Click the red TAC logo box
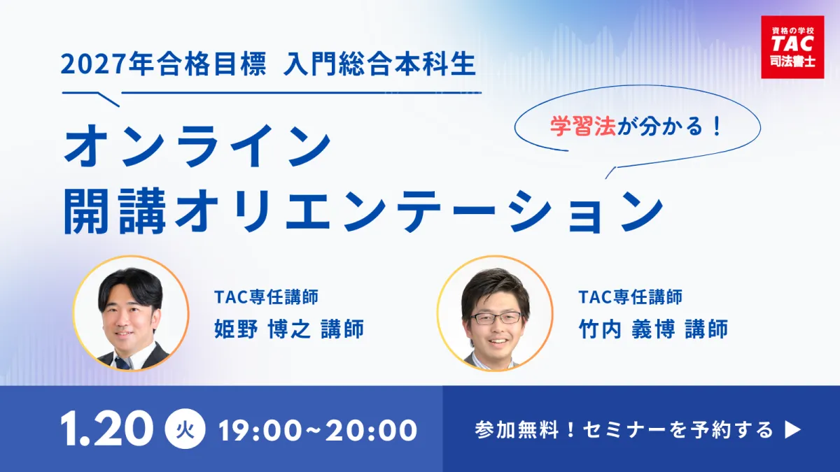pos(792,48)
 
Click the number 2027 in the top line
pos(92,65)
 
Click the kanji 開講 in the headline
pos(115,211)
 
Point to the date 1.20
pos(107,429)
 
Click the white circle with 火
pos(185,429)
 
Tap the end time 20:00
pos(371,430)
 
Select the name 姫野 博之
pos(262,329)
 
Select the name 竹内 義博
pos(626,329)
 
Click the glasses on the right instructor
pos(496,318)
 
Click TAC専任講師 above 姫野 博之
pos(266,297)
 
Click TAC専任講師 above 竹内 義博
pos(631,297)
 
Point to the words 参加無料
pos(517,430)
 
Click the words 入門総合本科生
pos(379,64)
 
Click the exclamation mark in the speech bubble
pos(717,127)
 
